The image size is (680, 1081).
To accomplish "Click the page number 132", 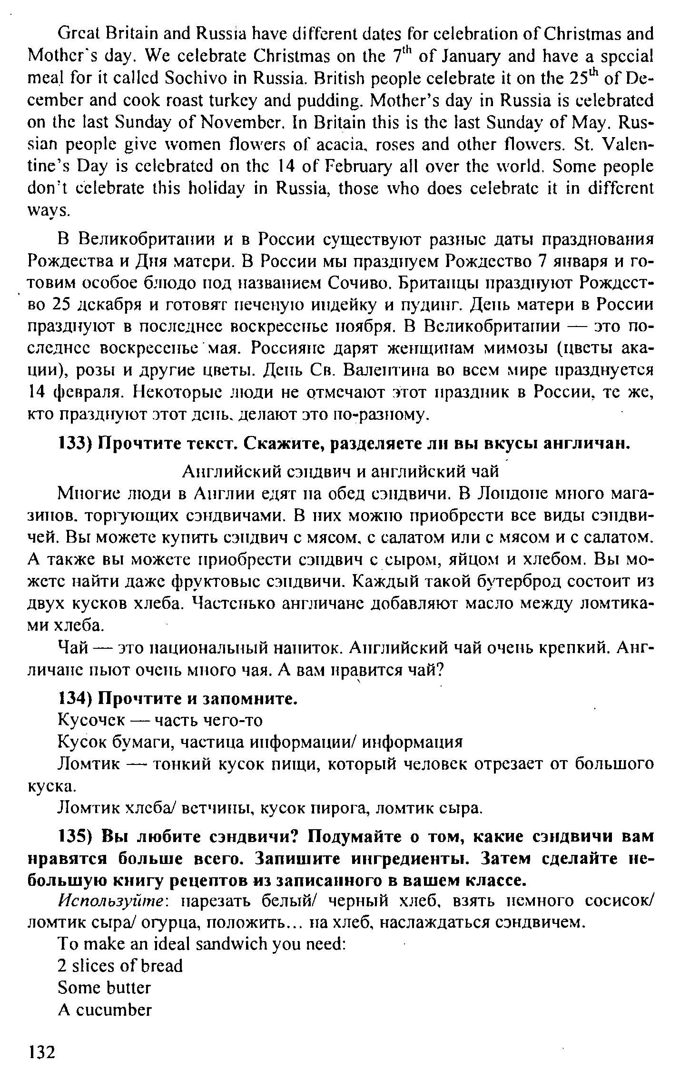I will (42, 1051).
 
